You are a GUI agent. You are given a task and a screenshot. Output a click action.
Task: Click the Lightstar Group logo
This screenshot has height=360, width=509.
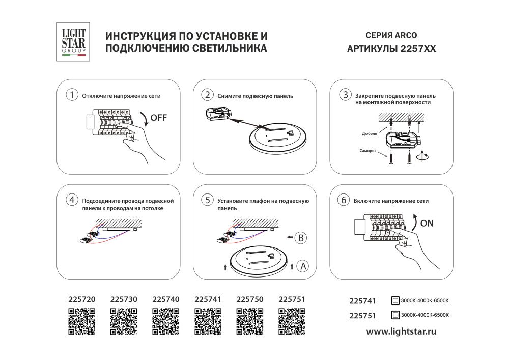coord(74,42)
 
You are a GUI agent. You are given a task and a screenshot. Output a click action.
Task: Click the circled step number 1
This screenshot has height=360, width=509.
coord(73,95)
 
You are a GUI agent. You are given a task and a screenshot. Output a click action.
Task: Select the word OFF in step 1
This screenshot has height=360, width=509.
coord(158,118)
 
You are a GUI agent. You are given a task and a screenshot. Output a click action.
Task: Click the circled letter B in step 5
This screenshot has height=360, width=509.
coord(300,237)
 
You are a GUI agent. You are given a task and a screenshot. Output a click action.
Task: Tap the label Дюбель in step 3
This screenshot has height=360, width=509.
coord(370,133)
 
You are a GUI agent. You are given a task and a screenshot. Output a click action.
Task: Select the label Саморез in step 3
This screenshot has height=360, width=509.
coord(368,151)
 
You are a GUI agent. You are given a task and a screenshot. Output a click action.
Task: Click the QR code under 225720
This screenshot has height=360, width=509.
coord(82,322)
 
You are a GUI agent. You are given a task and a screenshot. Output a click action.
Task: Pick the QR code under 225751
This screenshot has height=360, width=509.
coord(292,322)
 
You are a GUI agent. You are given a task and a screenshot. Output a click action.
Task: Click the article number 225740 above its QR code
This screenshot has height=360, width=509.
coord(166,300)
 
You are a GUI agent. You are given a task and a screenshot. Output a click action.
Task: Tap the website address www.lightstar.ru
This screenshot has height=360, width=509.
coord(402,331)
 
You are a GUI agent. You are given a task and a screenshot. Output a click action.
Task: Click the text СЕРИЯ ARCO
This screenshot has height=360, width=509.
coord(391,36)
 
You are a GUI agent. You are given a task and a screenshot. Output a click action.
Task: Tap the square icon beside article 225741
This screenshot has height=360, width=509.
coord(395,300)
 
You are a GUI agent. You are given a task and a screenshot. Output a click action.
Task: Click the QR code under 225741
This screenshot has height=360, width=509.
coord(208,322)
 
